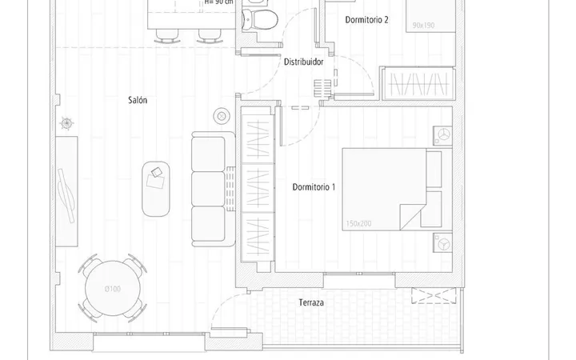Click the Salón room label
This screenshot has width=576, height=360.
[x=138, y=100]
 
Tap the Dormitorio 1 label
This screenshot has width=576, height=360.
[x=314, y=187]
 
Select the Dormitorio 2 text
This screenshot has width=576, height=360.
[x=366, y=20]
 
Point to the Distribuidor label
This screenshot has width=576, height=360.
[x=304, y=62]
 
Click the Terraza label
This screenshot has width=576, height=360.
[x=311, y=302]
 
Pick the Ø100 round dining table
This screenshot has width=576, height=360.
[x=113, y=288]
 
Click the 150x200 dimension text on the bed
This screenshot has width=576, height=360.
[x=358, y=223]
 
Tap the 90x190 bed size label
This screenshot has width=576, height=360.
[x=423, y=26]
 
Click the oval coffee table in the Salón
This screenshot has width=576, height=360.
[x=156, y=189]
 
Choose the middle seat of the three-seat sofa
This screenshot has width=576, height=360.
[x=208, y=189]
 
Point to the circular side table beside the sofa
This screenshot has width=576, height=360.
[x=222, y=117]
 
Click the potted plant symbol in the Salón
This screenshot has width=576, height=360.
[x=66, y=123]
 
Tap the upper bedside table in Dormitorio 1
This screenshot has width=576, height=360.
[x=442, y=135]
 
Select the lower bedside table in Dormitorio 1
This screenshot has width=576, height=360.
[x=442, y=242]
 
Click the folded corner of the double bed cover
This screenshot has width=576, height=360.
[x=410, y=218]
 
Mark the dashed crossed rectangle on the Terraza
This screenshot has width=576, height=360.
[x=434, y=296]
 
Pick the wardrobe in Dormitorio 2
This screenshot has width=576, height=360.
[x=418, y=84]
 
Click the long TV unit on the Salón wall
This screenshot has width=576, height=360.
[x=66, y=191]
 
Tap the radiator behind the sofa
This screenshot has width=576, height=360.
[x=230, y=189]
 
